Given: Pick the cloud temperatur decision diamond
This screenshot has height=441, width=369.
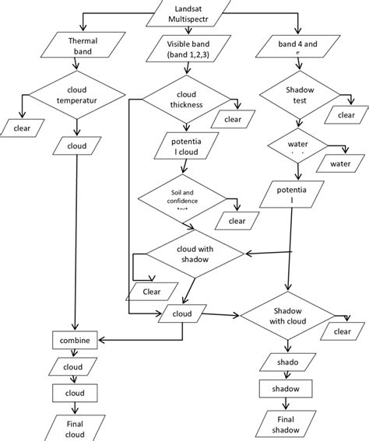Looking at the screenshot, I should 76,95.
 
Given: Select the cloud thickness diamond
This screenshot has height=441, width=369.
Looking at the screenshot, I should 187,99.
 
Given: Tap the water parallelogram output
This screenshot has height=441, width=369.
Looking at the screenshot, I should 340,164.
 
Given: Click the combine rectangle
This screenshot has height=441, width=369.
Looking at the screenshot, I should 73,340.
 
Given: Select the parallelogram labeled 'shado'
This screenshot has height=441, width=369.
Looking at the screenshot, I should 287,362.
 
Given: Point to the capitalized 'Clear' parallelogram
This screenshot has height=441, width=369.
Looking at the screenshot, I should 151,292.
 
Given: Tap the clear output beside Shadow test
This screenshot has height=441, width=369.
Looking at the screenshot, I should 343,115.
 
